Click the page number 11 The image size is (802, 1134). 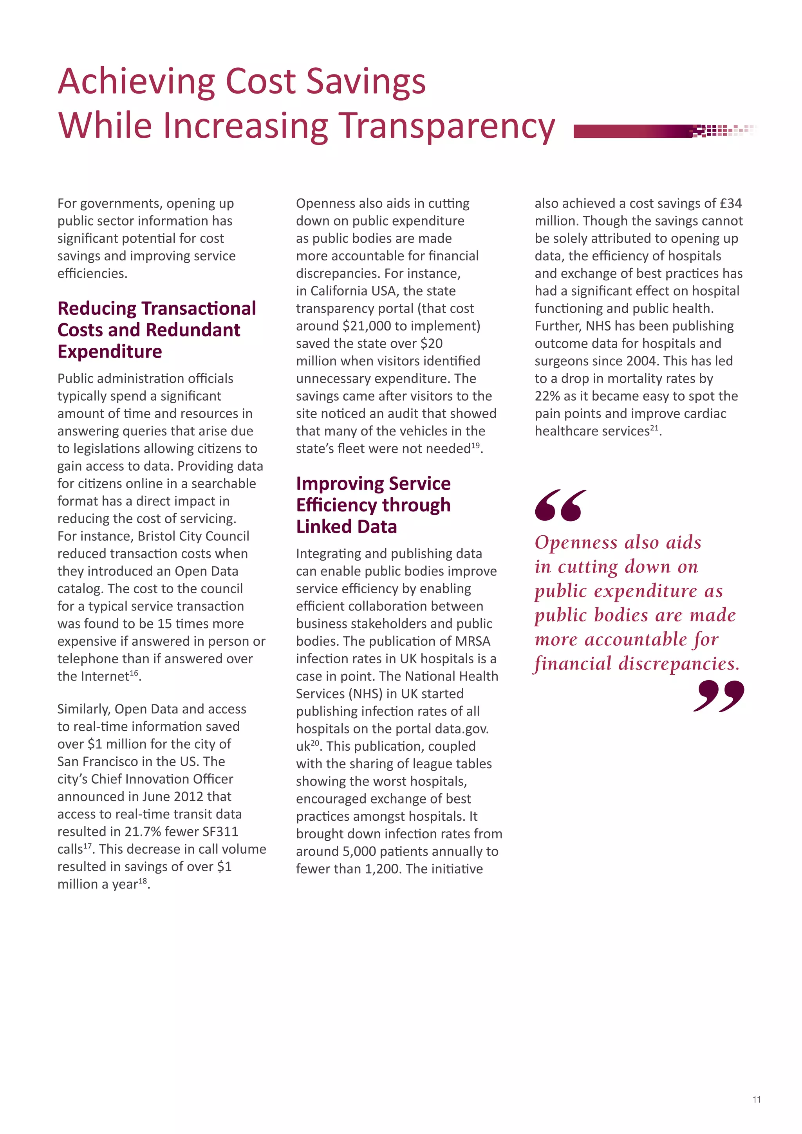757,1100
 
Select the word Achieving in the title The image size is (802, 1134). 136,81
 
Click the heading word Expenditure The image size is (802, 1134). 110,352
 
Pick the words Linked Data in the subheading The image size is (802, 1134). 346,527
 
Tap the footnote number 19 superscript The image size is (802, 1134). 475,446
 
